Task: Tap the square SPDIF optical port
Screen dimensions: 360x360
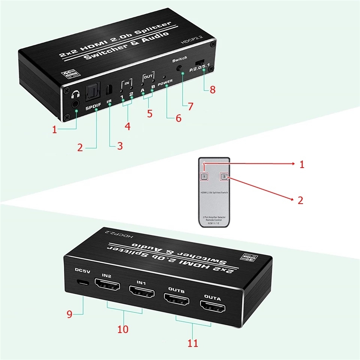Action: coord(93,91)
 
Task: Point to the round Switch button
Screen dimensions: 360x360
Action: coord(180,69)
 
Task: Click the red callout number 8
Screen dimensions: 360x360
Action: coord(213,90)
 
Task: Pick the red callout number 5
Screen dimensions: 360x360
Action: coord(150,113)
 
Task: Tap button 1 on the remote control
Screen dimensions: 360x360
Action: coord(204,176)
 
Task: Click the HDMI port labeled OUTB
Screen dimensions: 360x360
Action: coord(176,299)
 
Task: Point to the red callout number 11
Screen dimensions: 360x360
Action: coord(193,343)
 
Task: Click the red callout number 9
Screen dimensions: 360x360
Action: coord(69,314)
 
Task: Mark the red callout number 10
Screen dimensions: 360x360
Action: coord(123,329)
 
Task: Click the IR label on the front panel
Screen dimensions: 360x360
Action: coord(109,101)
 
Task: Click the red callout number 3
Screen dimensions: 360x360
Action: coord(120,146)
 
